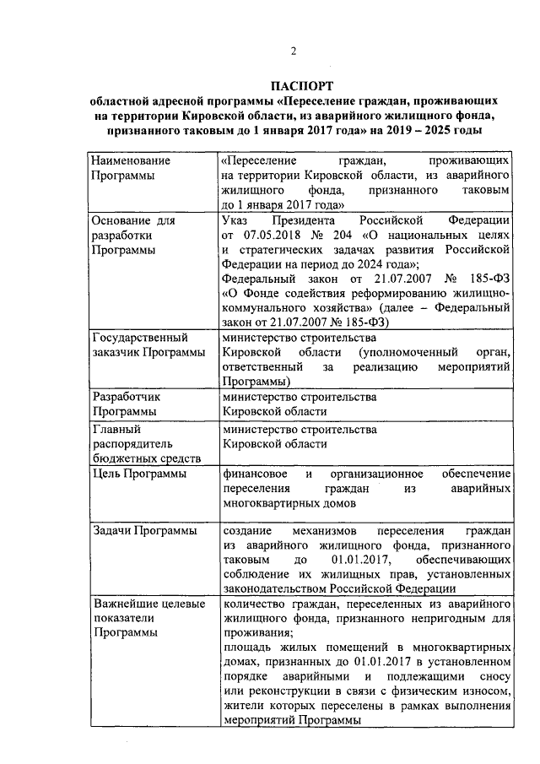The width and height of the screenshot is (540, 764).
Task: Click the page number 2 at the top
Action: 294,51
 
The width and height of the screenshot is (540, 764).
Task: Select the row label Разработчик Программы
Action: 124,404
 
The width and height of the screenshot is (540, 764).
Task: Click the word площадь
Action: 245,648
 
